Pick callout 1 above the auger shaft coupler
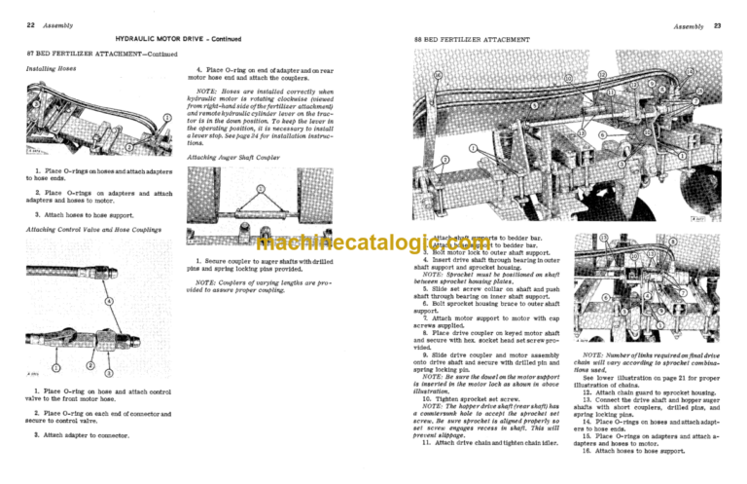tap(261, 189)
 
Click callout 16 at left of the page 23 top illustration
tap(438, 75)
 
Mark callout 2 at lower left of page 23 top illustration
tap(445, 159)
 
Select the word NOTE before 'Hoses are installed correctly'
tap(208, 92)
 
